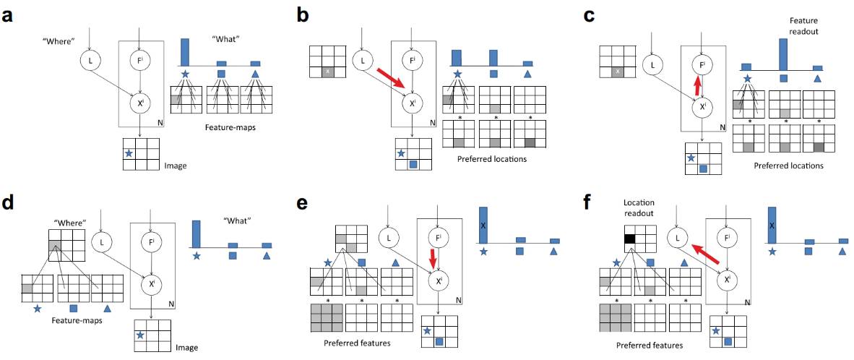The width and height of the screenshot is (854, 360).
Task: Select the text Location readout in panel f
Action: coord(638,210)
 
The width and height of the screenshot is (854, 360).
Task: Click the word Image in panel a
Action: coord(176,166)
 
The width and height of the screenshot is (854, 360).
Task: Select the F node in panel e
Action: coord(434,238)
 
